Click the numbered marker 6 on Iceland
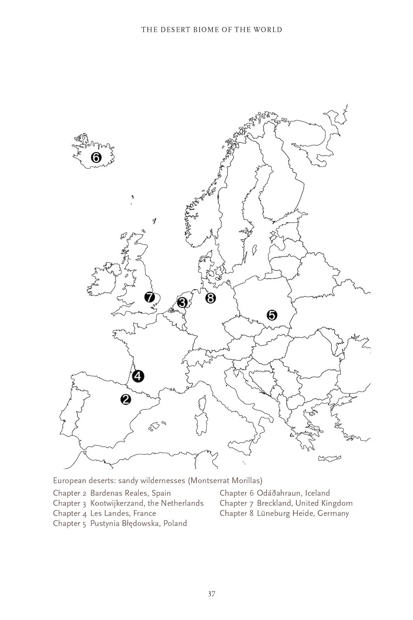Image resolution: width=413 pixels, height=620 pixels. tap(95, 157)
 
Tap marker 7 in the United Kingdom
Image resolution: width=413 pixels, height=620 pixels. tap(150, 297)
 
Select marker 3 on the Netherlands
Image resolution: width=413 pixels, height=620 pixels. tap(182, 303)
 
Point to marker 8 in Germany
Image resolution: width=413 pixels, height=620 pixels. tap(210, 298)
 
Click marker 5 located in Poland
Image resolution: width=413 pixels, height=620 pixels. tap(272, 315)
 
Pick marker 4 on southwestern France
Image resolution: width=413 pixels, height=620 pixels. tap(138, 376)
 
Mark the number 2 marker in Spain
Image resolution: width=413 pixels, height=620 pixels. tap(126, 399)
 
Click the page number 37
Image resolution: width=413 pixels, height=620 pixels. tap(211, 594)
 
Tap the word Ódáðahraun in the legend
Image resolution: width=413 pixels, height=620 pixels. tap(279, 493)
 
